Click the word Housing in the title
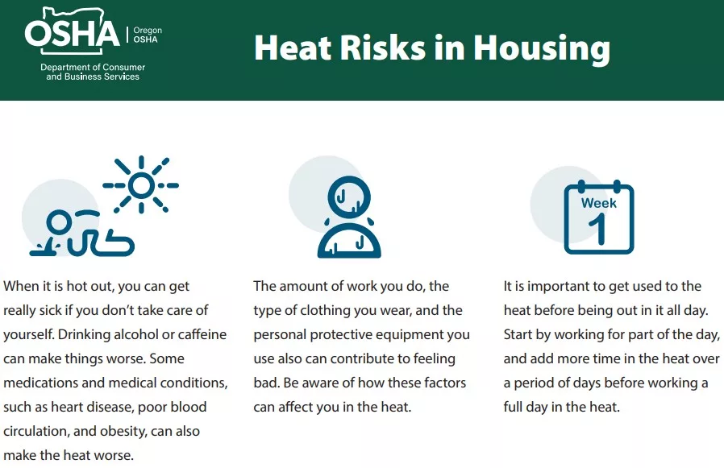coord(542,48)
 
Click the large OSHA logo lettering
coord(73,33)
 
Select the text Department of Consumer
coord(93,67)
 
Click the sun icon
coord(141,185)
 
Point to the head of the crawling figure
coord(59,222)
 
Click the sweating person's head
coord(349,197)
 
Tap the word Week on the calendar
coord(599,203)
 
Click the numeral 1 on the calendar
coord(598,229)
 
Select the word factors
coord(443,383)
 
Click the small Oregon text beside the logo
coord(148,31)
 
